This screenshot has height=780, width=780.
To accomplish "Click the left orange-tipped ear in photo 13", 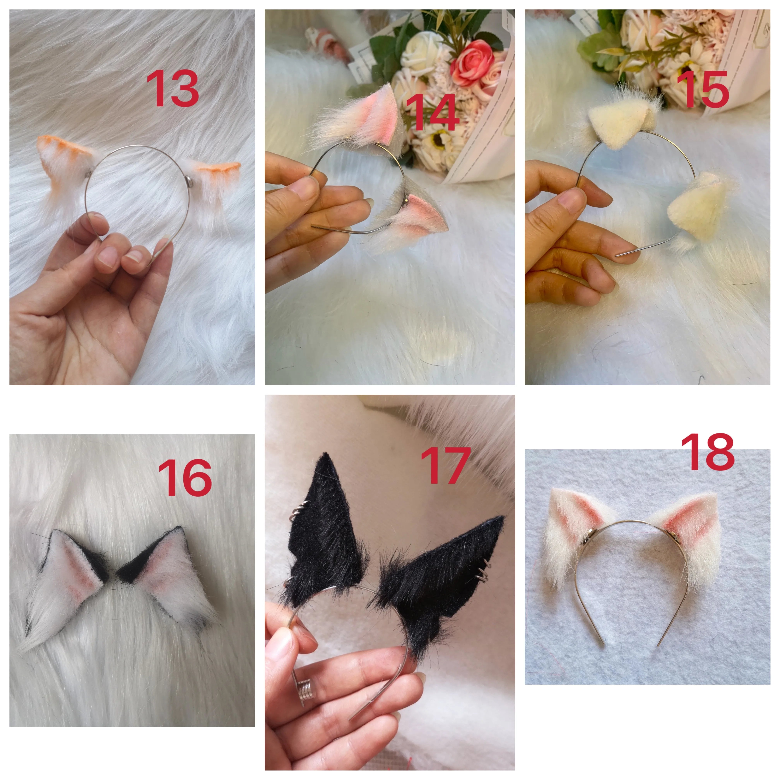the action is click(67, 163).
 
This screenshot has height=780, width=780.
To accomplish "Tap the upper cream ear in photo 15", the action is click(622, 117).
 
